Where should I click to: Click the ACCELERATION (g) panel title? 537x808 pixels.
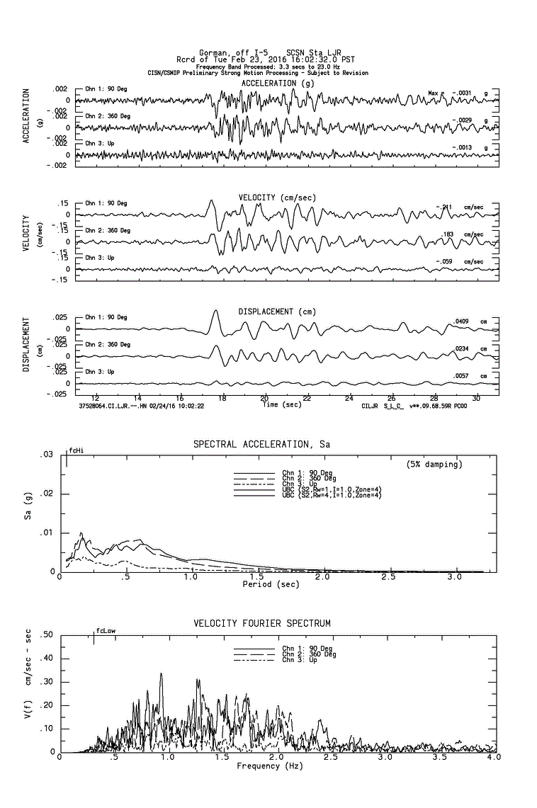pyautogui.click(x=278, y=84)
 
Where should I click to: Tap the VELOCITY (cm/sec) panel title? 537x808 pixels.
pyautogui.click(x=278, y=197)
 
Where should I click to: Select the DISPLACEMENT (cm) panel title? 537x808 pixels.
pyautogui.click(x=277, y=312)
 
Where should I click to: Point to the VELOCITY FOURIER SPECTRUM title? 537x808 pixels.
pyautogui.click(x=262, y=623)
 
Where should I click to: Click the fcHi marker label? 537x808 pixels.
pyautogui.click(x=76, y=450)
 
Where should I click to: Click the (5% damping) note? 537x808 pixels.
pyautogui.click(x=434, y=465)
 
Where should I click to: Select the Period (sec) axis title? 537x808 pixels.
pyautogui.click(x=271, y=585)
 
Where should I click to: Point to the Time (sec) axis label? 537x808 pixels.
pyautogui.click(x=281, y=405)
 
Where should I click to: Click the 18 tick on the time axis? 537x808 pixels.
pyautogui.click(x=222, y=398)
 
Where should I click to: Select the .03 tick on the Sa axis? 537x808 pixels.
pyautogui.click(x=47, y=454)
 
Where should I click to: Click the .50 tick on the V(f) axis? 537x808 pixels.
pyautogui.click(x=47, y=635)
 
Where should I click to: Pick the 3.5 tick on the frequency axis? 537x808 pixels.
pyautogui.click(x=439, y=758)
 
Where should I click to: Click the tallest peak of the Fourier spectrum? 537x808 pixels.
pyautogui.click(x=162, y=673)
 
